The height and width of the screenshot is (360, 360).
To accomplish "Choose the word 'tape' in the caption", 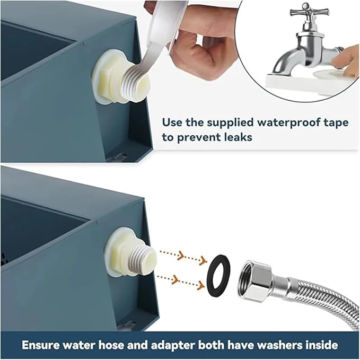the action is pyautogui.click(x=339, y=124).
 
